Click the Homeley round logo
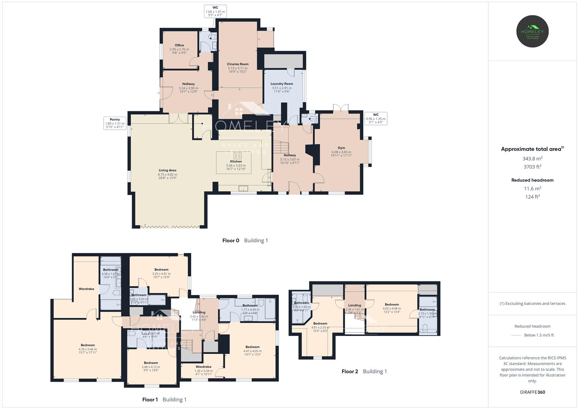(x=532, y=31)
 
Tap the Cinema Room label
(x=238, y=64)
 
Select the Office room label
(x=179, y=45)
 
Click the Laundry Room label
(x=282, y=84)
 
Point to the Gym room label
(x=341, y=148)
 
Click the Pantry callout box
(x=115, y=123)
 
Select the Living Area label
(x=167, y=170)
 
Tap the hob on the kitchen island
(x=238, y=155)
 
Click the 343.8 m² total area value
(x=532, y=159)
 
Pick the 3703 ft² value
(x=532, y=167)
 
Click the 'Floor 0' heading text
(x=231, y=240)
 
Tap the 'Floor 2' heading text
(x=350, y=372)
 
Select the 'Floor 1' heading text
(x=150, y=400)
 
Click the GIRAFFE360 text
(x=532, y=392)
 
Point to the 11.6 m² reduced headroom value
(x=532, y=189)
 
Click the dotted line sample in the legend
(x=517, y=335)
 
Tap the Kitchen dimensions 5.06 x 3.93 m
(x=236, y=165)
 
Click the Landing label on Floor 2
(x=355, y=305)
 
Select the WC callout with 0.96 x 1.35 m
(x=375, y=119)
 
